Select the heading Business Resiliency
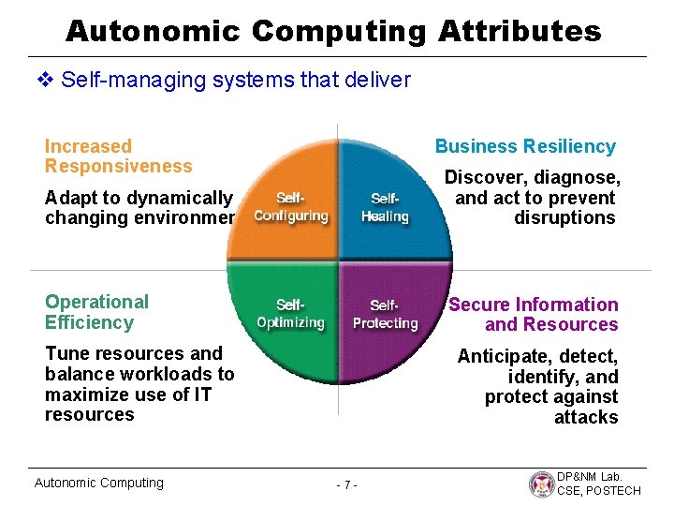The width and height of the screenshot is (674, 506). pos(525,146)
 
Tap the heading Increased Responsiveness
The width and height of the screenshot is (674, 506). pos(118,156)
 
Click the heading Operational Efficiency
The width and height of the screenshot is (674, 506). pos(96,312)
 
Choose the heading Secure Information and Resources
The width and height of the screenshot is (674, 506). pos(534,315)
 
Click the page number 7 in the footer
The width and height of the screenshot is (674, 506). pos(346,485)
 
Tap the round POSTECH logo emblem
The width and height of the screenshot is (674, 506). pos(541,484)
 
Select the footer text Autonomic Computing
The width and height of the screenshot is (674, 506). pos(98,483)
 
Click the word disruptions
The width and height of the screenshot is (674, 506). pos(564,218)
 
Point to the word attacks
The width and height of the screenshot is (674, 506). pos(586,417)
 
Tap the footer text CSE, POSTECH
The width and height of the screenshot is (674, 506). pos(599,491)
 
